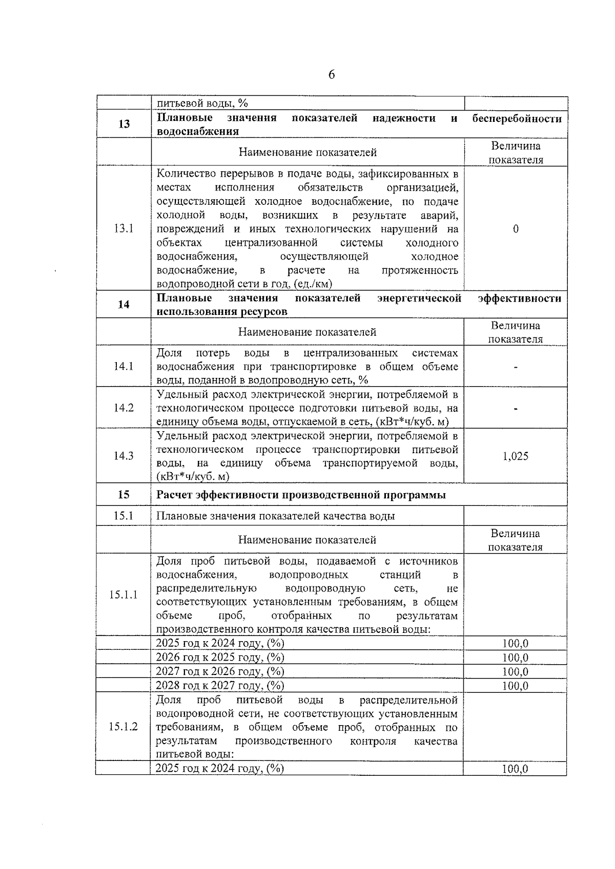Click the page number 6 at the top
coord(331,75)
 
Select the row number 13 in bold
coord(124,124)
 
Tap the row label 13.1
coord(124,229)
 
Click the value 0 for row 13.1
coord(516,229)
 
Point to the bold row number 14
coord(124,305)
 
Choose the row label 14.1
coord(124,366)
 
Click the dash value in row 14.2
coord(516,409)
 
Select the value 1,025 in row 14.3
coord(516,456)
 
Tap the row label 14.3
coord(124,456)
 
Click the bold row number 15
coord(124,495)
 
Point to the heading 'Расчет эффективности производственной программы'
coord(301,495)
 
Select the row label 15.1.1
coord(123,595)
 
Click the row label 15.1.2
coord(123,727)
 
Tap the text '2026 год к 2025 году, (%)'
coord(220,658)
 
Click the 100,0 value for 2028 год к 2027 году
coord(515,686)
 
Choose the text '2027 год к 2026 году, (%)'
coord(220,671)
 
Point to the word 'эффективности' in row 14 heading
coord(519,299)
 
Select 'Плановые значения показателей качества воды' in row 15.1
coord(276,516)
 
